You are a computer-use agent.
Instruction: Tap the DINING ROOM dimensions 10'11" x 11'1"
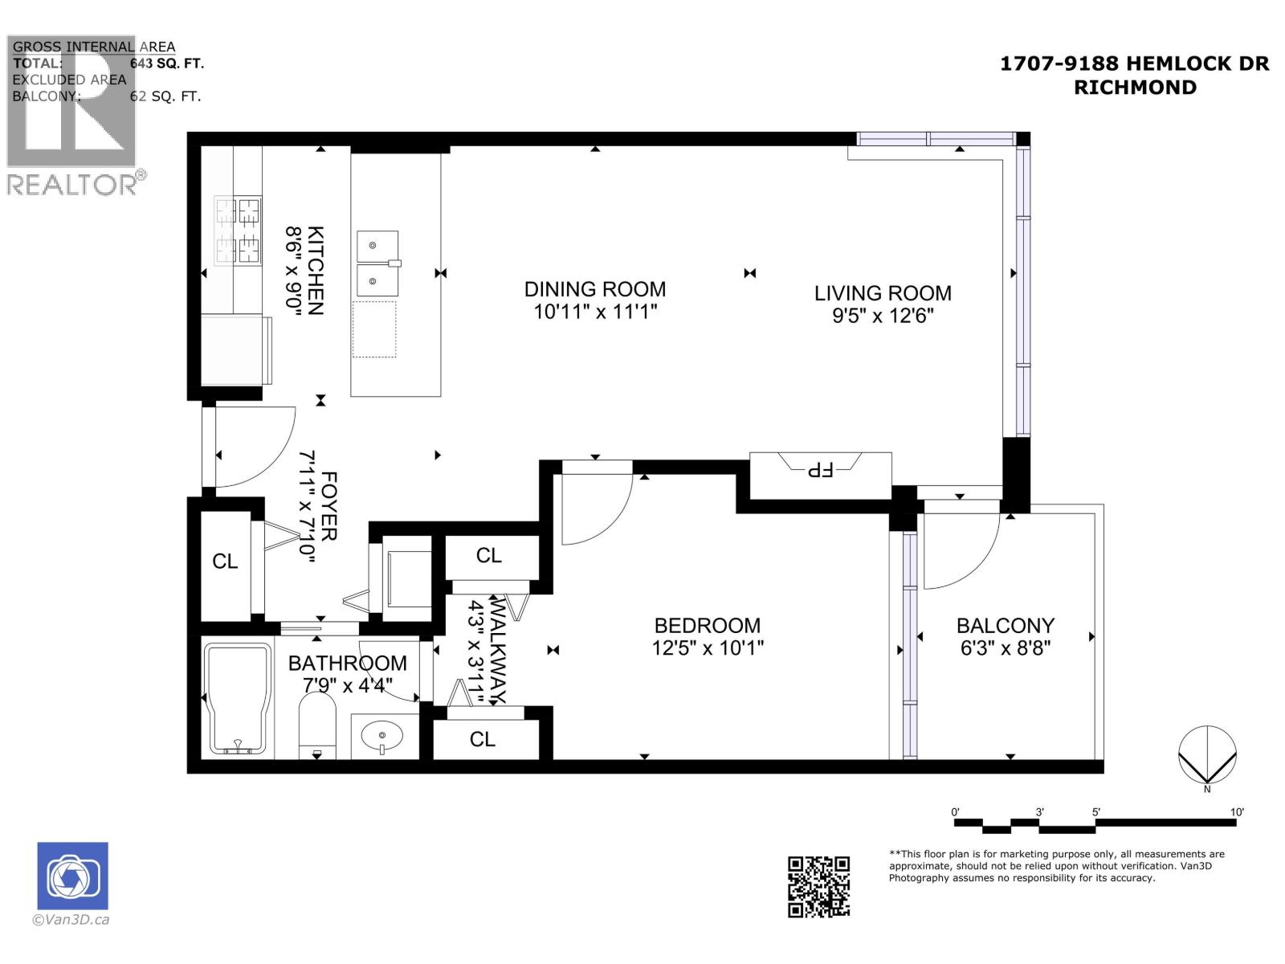tap(595, 312)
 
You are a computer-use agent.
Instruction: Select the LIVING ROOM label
tap(883, 293)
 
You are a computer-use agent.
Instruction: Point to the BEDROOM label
tap(707, 625)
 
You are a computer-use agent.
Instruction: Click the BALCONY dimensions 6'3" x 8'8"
tap(1005, 647)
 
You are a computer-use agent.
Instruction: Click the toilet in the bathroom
tap(317, 723)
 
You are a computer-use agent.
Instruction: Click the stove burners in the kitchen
tap(238, 231)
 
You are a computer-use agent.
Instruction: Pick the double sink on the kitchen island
tap(377, 263)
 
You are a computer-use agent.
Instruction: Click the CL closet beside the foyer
tap(225, 561)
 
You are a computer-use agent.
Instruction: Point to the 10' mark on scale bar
tap(1237, 812)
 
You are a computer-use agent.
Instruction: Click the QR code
tap(818, 886)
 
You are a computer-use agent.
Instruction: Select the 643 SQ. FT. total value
tap(167, 63)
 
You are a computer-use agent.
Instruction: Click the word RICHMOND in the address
tap(1135, 88)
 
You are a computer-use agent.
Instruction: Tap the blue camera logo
tap(72, 876)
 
